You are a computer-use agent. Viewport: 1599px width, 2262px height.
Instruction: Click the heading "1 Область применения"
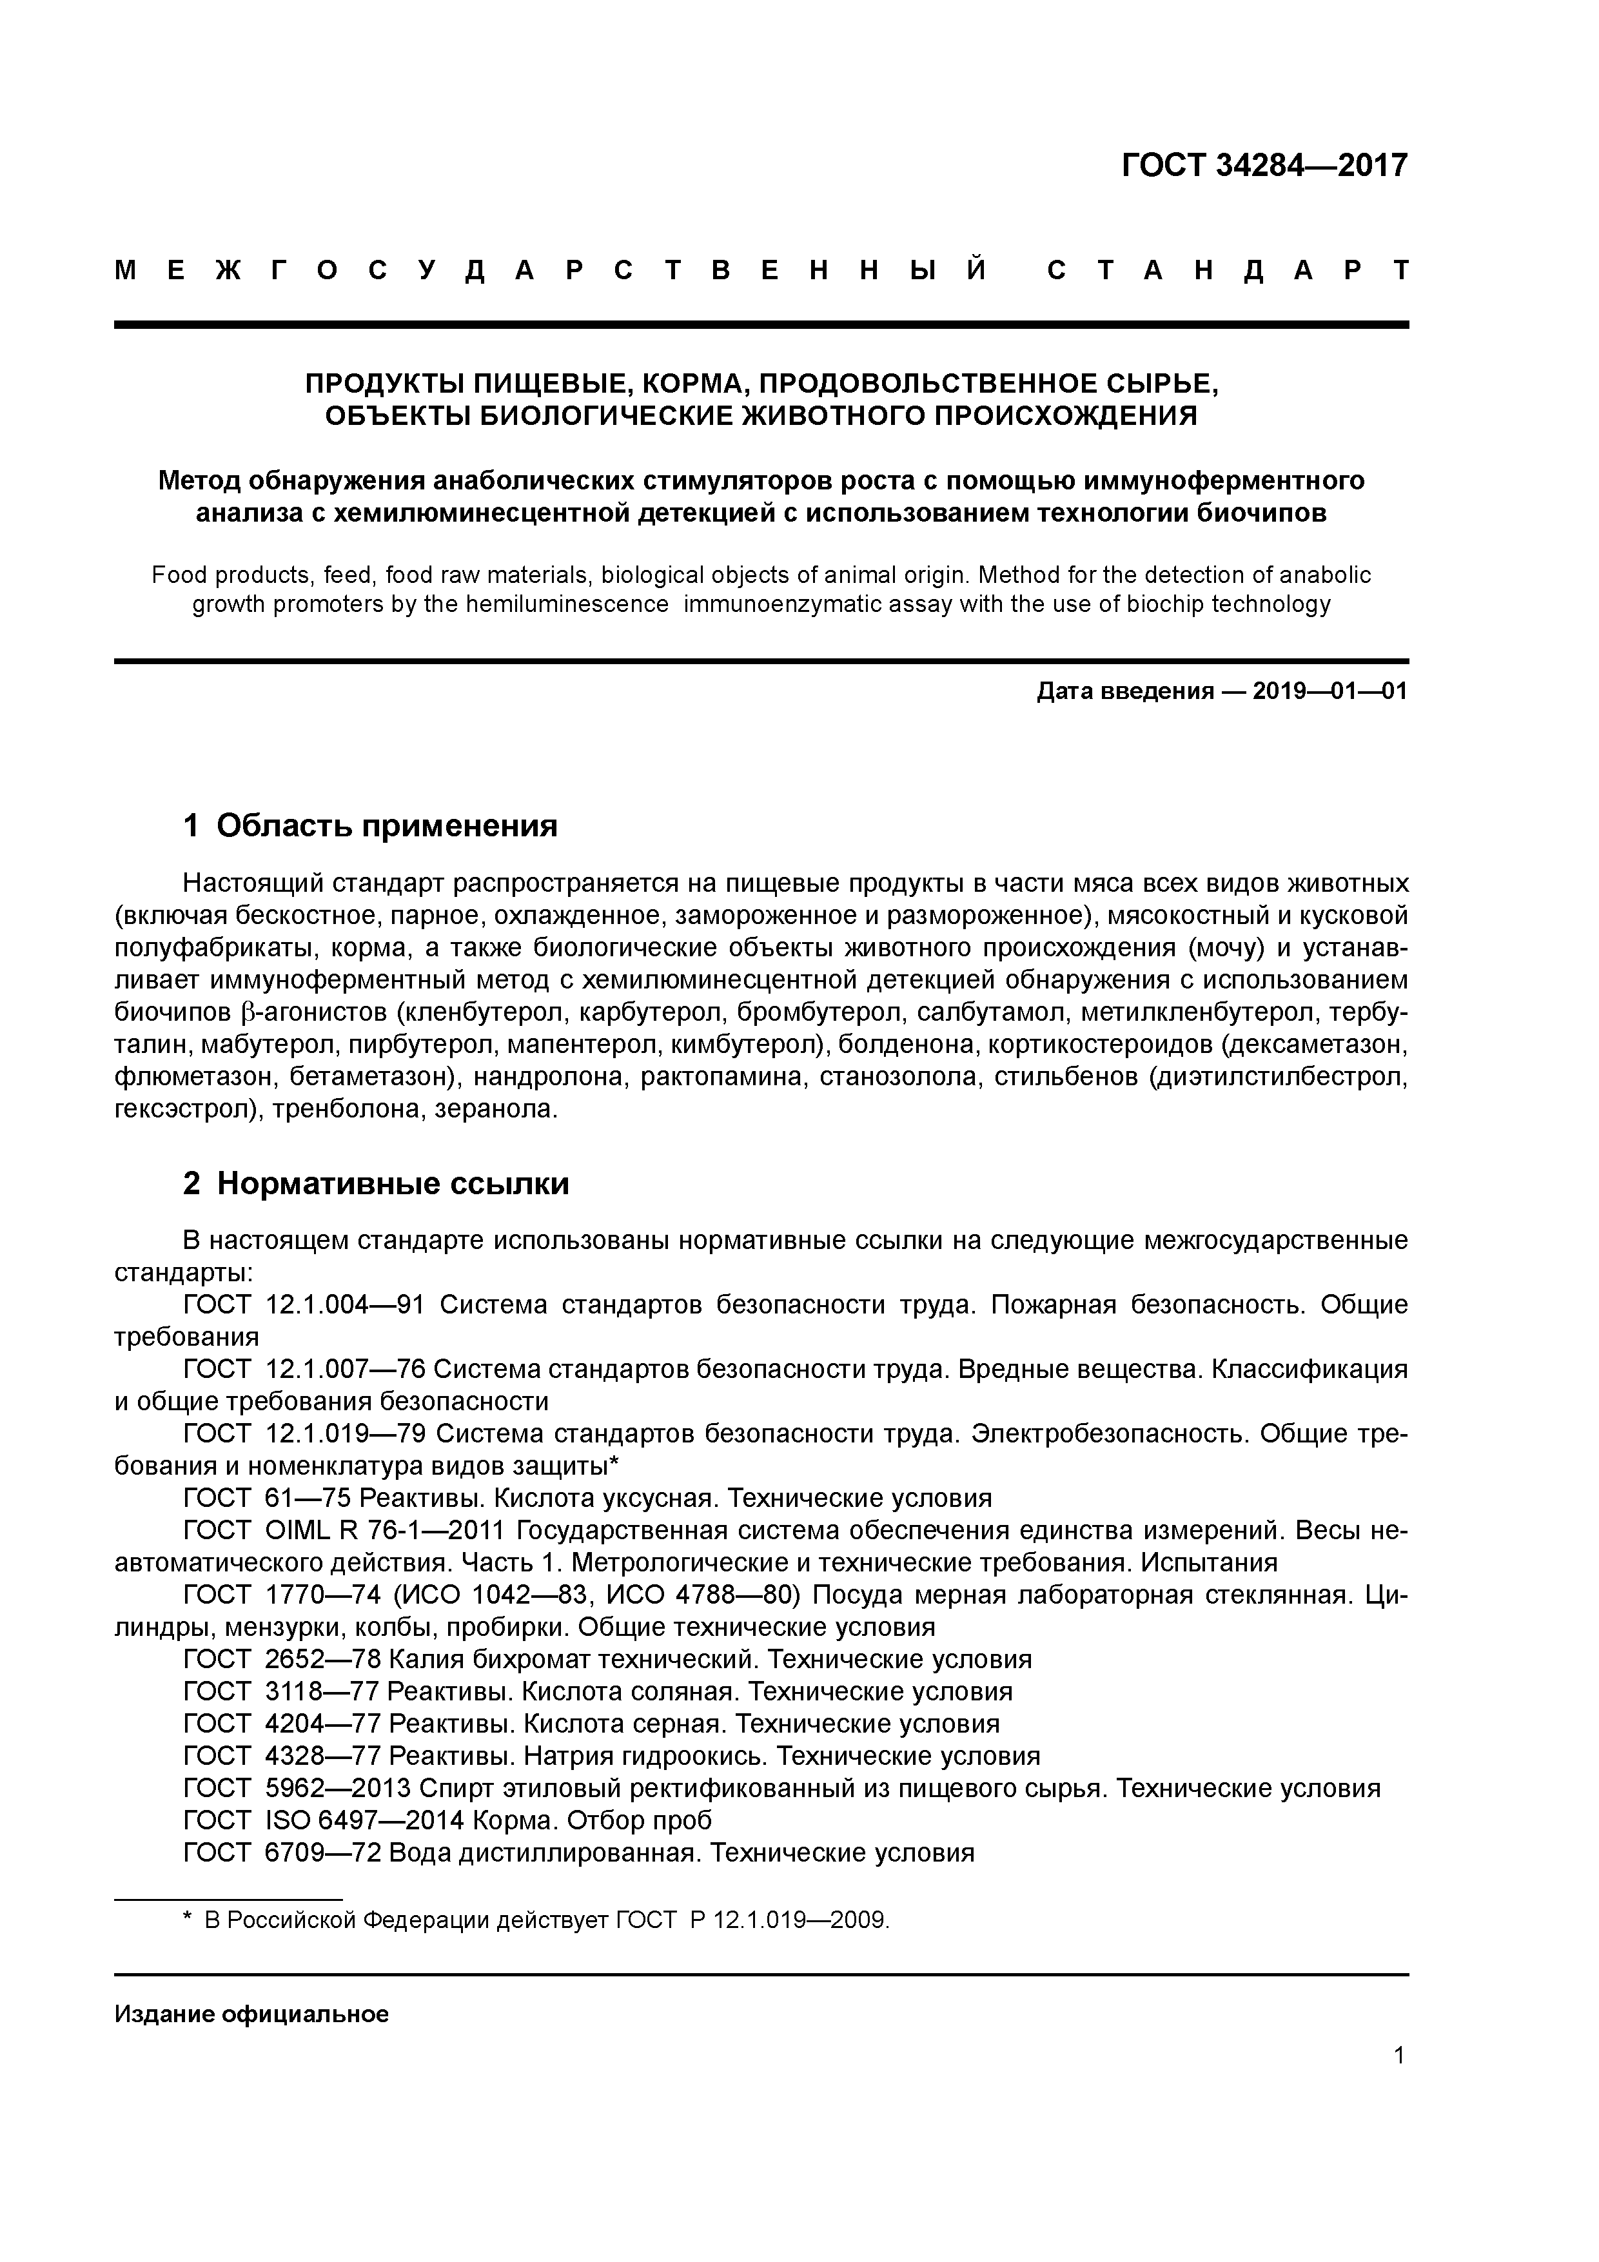(371, 825)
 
